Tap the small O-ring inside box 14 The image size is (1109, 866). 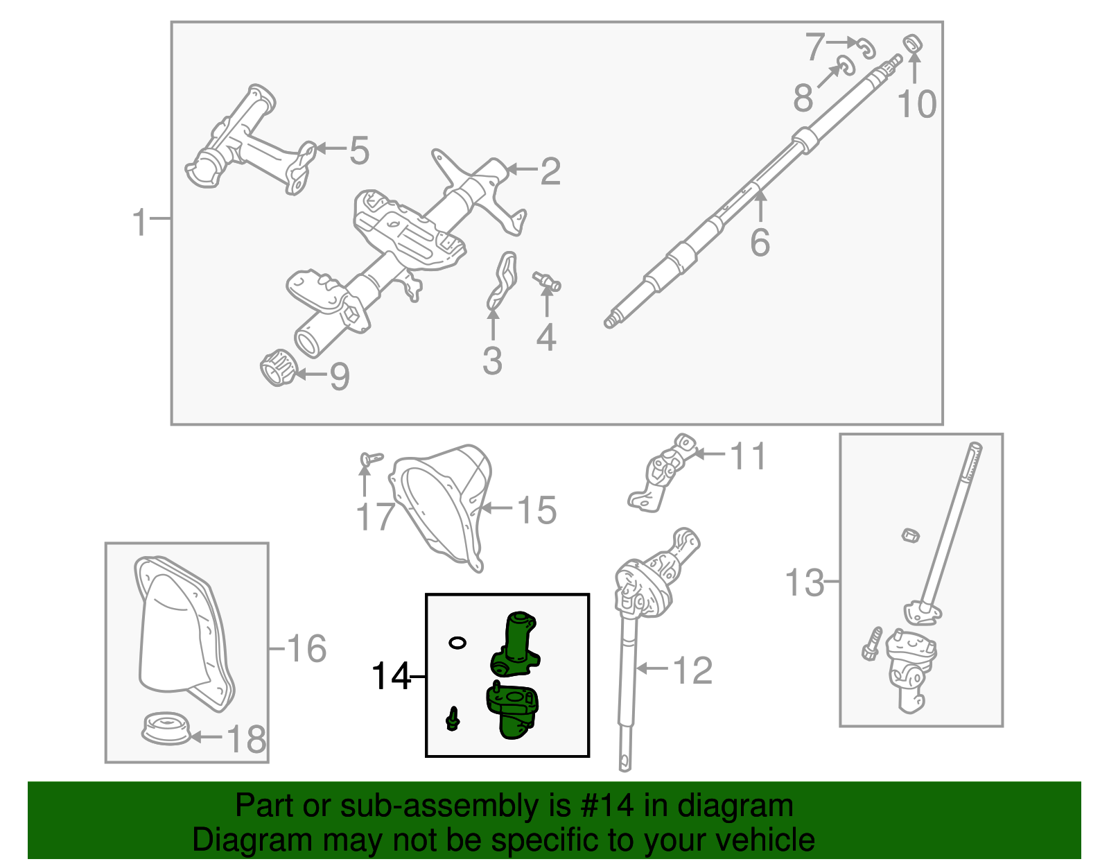pyautogui.click(x=457, y=643)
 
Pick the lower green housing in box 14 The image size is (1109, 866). pyautogui.click(x=513, y=711)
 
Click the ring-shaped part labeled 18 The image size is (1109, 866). pyautogui.click(x=165, y=729)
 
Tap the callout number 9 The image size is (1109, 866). pyautogui.click(x=339, y=376)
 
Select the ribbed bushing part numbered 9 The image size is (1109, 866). pyautogui.click(x=277, y=367)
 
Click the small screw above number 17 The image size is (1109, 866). pyautogui.click(x=371, y=458)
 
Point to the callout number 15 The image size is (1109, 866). pyautogui.click(x=537, y=510)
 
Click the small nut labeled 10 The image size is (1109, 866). pyautogui.click(x=913, y=43)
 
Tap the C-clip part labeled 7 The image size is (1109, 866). pyautogui.click(x=866, y=49)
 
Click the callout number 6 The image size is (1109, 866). pyautogui.click(x=760, y=243)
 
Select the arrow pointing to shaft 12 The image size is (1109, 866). pyautogui.click(x=652, y=668)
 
